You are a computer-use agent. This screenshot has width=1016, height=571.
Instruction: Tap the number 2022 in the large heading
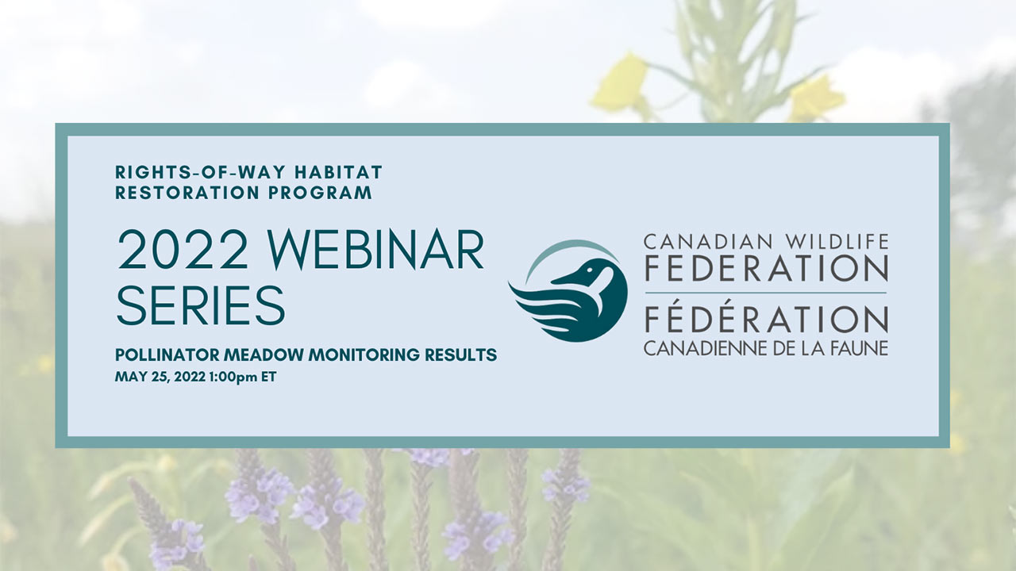tap(183, 250)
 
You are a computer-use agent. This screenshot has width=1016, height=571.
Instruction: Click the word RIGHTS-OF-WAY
tap(200, 172)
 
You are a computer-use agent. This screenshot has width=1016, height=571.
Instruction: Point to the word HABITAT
tap(338, 172)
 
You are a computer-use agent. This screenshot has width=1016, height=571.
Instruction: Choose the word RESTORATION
tap(187, 193)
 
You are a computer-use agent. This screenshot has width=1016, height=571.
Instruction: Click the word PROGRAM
tap(320, 193)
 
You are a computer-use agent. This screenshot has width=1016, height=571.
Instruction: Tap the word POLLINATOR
tap(167, 354)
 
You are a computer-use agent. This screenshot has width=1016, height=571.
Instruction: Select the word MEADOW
tap(264, 354)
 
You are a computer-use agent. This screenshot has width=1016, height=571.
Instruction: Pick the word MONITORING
tap(364, 354)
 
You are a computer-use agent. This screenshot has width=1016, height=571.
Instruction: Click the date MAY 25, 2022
tap(160, 377)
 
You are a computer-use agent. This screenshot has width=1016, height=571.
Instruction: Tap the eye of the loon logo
tap(589, 270)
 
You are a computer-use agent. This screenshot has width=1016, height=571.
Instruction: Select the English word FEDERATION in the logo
tap(766, 268)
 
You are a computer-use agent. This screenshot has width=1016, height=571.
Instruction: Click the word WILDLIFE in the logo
tap(837, 242)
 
